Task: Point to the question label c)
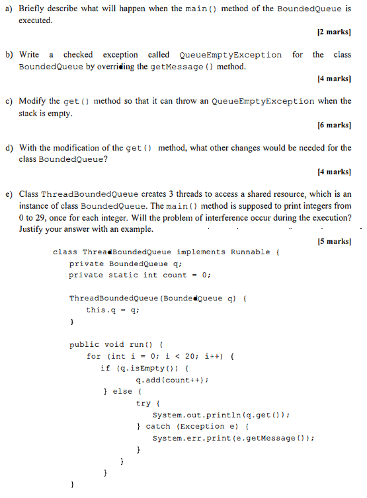pyautogui.click(x=9, y=101)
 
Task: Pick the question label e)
pyautogui.click(x=9, y=194)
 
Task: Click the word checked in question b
pyautogui.click(x=78, y=55)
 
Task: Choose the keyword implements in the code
pyautogui.click(x=201, y=252)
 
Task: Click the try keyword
pyautogui.click(x=143, y=403)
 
